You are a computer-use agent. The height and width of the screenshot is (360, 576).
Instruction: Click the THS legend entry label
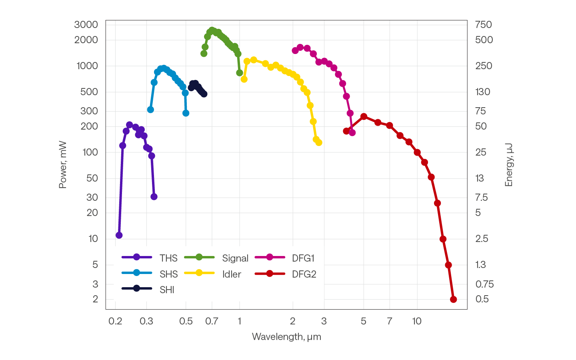(168, 258)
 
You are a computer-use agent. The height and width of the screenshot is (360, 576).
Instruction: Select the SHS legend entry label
(168, 274)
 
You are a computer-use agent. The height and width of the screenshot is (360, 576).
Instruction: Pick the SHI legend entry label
(167, 290)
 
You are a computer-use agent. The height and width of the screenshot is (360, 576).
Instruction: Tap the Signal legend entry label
(235, 258)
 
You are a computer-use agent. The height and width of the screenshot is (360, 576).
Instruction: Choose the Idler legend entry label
(232, 274)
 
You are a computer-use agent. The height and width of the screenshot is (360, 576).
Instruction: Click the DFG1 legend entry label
(303, 258)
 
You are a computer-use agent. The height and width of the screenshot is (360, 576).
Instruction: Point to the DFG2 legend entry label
(304, 274)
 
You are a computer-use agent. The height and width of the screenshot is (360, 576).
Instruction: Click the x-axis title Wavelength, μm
(286, 337)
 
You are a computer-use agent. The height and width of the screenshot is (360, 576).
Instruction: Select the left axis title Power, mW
(63, 164)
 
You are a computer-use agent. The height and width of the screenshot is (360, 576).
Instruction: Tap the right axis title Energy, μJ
(509, 164)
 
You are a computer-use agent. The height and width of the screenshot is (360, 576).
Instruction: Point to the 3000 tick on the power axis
(86, 24)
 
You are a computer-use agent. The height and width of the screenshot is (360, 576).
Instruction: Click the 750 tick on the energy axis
(483, 24)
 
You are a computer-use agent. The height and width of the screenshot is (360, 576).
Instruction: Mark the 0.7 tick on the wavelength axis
(212, 321)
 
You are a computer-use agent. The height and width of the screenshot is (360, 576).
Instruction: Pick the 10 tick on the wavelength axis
(417, 321)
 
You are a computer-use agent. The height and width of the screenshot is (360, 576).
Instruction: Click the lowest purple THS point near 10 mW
(119, 235)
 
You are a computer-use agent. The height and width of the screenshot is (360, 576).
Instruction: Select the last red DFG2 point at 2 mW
(453, 299)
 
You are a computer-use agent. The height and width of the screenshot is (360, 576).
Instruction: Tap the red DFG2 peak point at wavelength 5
(364, 116)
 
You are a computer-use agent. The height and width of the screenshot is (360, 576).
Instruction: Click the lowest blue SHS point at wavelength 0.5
(186, 113)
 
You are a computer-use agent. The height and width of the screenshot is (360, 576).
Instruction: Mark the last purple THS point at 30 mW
(154, 197)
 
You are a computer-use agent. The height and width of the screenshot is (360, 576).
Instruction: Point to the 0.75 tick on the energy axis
(484, 284)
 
